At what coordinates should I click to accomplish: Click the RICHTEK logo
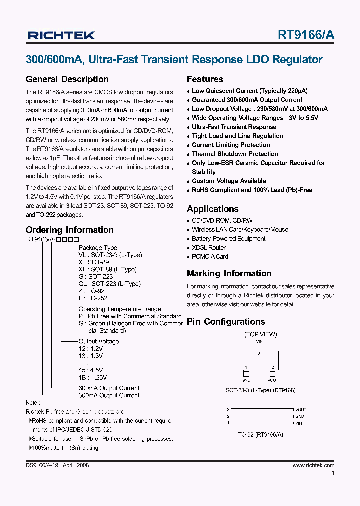coord(61,35)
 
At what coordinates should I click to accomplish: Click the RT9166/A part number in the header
coord(306,35)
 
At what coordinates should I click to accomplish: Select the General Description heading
coord(67,79)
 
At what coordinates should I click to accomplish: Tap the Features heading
coord(205,79)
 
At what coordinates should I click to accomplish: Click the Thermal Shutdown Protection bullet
coord(235,154)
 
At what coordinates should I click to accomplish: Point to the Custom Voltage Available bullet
coord(229,181)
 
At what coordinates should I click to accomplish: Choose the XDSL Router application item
coord(209,248)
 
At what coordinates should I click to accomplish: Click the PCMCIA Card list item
coord(210,257)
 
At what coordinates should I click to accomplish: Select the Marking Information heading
coord(229,273)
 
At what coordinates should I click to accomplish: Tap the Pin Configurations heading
coord(225,322)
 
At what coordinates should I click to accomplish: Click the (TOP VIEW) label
coord(260,334)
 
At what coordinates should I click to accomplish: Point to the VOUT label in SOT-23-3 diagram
coord(273,380)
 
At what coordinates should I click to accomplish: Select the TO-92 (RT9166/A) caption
coord(260,435)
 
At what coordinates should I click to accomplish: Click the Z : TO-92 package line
coord(92,291)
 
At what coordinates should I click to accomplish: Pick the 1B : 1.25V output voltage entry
coord(93,378)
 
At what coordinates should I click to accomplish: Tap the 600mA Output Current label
coord(109,388)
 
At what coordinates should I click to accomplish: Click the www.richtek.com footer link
coord(313,465)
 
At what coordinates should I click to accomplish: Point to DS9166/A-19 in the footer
coord(42,465)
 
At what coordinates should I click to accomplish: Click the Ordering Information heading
coord(70,230)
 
